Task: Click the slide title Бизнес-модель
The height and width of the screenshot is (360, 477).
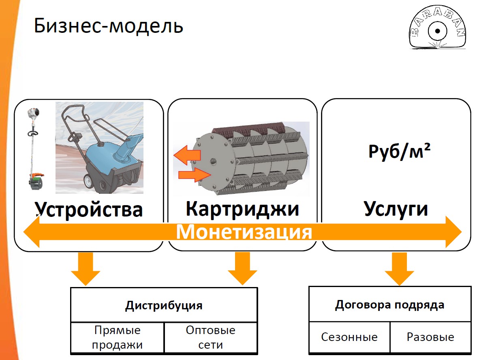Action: click(108, 26)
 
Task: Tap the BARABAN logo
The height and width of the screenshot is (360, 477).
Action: click(437, 28)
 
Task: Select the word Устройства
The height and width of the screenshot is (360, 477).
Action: click(88, 210)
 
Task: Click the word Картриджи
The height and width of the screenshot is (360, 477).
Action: click(242, 209)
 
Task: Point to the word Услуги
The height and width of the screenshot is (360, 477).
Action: click(396, 209)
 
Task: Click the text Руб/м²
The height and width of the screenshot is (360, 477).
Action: click(400, 151)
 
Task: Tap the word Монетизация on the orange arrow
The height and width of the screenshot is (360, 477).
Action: click(244, 232)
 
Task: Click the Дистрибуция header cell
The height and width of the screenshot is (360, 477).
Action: click(164, 305)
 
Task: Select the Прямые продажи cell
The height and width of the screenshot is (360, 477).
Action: click(118, 337)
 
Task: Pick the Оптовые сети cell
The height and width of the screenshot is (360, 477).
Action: click(210, 337)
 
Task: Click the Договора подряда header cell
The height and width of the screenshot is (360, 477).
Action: click(390, 304)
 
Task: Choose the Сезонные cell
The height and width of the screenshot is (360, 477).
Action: click(349, 337)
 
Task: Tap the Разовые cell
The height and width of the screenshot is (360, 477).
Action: click(430, 337)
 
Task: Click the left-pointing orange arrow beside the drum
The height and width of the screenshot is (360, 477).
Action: click(187, 155)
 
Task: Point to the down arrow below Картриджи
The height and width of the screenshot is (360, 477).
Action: click(242, 268)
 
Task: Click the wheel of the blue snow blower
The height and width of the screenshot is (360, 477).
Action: click(89, 181)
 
